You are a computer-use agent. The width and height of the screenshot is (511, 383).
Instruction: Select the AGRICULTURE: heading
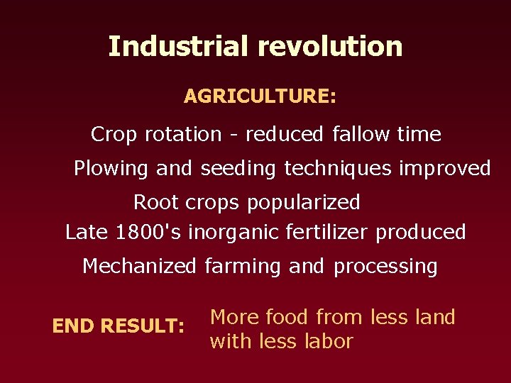(x=260, y=96)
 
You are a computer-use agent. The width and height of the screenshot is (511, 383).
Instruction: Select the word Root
(x=156, y=203)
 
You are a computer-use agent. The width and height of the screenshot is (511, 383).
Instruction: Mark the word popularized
(x=303, y=204)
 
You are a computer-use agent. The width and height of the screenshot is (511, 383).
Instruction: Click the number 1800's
(x=147, y=232)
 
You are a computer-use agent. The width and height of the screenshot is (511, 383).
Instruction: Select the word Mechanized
(x=139, y=266)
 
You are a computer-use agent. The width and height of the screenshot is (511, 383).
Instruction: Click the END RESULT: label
(x=119, y=326)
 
